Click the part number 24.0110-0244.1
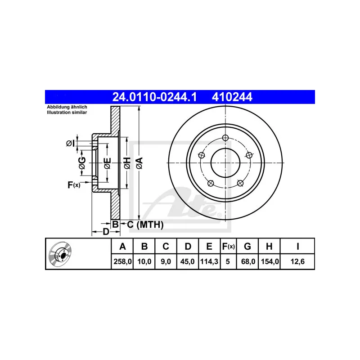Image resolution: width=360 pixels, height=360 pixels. pos(154,97)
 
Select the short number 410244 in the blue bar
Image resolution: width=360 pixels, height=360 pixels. pos(232,97)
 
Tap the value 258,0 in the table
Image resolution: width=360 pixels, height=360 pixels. pos(122,261)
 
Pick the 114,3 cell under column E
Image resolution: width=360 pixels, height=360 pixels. pos(209,261)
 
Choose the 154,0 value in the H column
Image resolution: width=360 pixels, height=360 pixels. pos(270,261)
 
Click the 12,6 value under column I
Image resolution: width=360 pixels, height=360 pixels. pos(297,261)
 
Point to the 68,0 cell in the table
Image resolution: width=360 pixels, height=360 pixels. pos(248,261)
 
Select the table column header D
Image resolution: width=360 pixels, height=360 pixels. pos(188,246)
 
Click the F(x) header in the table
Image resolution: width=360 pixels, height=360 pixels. pos(228,246)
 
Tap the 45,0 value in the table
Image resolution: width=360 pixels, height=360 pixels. pos(187,261)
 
